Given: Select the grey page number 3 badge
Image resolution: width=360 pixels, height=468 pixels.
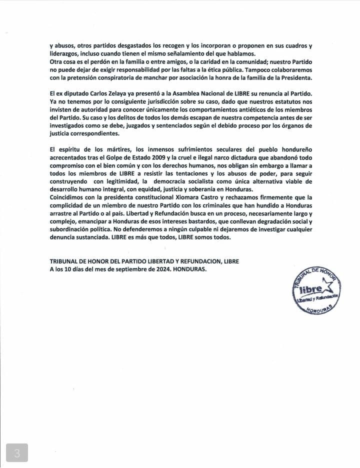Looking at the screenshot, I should (x=17, y=452).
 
